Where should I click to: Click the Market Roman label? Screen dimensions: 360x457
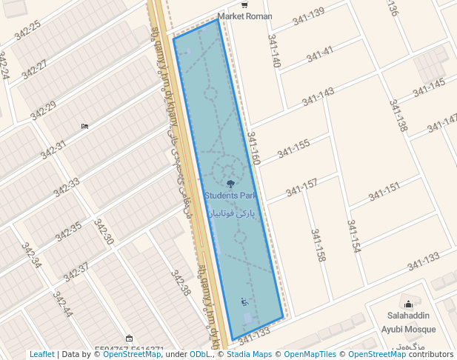(244, 16)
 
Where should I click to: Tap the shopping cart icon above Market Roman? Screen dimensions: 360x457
(244, 5)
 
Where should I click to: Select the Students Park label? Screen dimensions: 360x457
(230, 196)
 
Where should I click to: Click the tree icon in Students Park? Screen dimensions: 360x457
(230, 184)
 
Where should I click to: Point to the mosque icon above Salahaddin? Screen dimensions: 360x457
(407, 304)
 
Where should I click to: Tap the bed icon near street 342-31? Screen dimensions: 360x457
(85, 126)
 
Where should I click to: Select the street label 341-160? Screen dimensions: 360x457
(253, 149)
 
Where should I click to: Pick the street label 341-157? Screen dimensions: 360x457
(301, 187)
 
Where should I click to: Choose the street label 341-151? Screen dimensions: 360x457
(384, 192)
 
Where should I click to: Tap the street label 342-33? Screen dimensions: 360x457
(67, 187)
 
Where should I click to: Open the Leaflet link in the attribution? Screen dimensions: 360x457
(42, 354)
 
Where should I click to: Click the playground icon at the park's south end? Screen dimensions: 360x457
(244, 301)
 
